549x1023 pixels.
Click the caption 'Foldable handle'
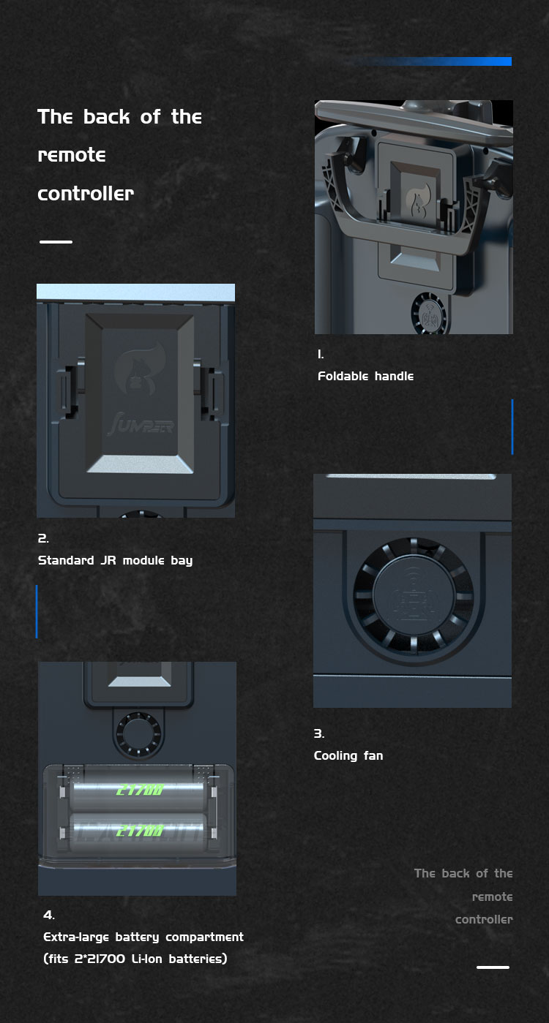(366, 376)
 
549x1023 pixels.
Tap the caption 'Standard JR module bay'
(115, 560)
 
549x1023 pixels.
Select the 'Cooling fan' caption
(348, 755)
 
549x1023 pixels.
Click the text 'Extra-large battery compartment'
(143, 937)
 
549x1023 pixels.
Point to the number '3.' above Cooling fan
(319, 733)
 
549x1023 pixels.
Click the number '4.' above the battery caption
(49, 915)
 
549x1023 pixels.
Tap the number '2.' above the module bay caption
(43, 538)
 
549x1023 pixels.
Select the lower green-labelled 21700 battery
(138, 830)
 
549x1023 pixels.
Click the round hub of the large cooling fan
(414, 595)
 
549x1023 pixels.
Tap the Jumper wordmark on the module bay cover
(141, 425)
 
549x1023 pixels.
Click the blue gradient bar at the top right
(434, 61)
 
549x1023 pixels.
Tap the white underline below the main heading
(56, 241)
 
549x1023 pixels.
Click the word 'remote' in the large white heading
(72, 155)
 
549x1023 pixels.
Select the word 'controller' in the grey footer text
(484, 919)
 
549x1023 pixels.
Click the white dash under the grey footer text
(493, 967)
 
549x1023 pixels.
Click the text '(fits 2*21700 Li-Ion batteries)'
(135, 959)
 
